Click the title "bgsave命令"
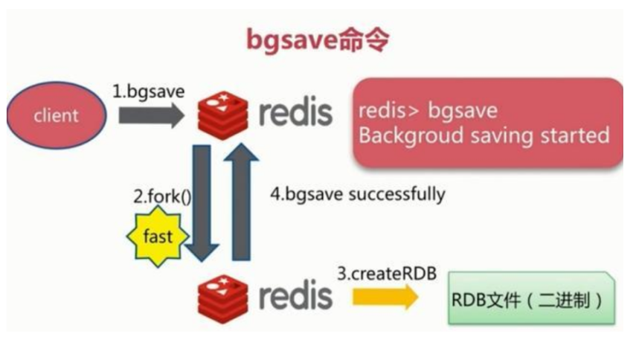point(318,40)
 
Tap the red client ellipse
point(56,115)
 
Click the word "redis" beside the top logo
point(296,114)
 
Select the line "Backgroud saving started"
point(484,136)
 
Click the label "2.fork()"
point(161,197)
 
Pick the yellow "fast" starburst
point(157,237)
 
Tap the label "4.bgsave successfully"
point(357,195)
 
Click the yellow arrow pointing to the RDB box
point(384,298)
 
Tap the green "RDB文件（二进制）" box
point(530,300)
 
